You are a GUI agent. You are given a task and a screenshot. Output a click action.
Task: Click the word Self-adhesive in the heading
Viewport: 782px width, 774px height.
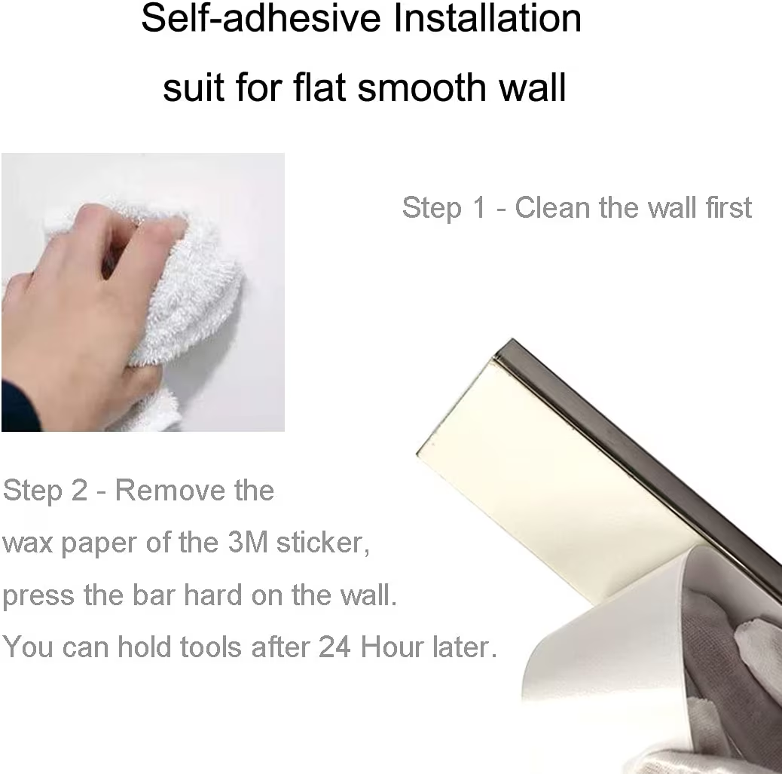tap(261, 18)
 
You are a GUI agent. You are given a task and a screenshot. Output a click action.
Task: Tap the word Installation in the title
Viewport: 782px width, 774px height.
tap(487, 18)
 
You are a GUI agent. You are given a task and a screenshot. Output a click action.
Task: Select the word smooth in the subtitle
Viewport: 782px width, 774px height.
tap(423, 87)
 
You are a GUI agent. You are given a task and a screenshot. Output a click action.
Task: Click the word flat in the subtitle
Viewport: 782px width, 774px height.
tap(319, 87)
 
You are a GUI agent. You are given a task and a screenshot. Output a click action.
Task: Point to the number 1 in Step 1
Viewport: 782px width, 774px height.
tap(479, 207)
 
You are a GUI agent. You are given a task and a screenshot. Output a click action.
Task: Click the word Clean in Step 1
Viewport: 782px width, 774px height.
tap(552, 207)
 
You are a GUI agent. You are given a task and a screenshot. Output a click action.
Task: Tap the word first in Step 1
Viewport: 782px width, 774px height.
tap(729, 207)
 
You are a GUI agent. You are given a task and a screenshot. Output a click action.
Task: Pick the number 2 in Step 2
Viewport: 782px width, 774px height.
tap(79, 490)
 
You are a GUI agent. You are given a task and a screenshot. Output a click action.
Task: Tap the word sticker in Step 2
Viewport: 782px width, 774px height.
tap(322, 543)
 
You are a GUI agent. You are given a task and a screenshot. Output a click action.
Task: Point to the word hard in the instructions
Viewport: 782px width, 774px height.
tap(213, 595)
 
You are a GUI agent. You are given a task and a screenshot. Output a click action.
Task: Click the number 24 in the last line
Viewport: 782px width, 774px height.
tap(334, 647)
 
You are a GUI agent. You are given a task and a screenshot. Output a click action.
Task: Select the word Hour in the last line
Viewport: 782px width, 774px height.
tap(392, 647)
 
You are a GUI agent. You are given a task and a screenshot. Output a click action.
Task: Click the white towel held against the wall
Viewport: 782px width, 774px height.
tap(190, 295)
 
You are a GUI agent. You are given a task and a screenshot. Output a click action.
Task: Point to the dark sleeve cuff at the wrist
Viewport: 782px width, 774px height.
tap(19, 407)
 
